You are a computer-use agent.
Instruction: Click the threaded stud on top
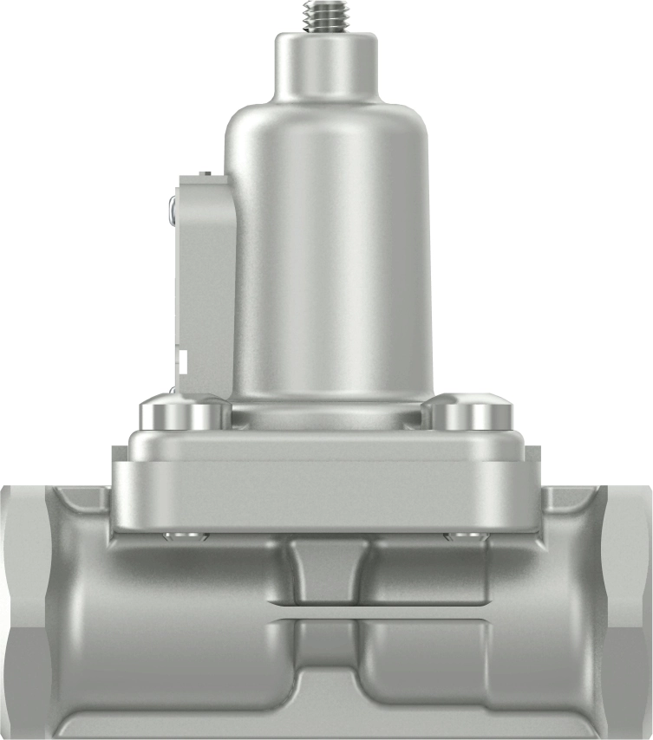[x=327, y=16]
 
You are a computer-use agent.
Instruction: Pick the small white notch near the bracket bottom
[x=184, y=357]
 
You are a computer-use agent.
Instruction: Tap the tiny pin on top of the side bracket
[x=205, y=174]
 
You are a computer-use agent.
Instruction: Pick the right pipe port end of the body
[x=626, y=607]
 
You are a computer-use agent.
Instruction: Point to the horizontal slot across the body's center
[x=326, y=611]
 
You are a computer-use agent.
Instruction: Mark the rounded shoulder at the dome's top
[x=327, y=121]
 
